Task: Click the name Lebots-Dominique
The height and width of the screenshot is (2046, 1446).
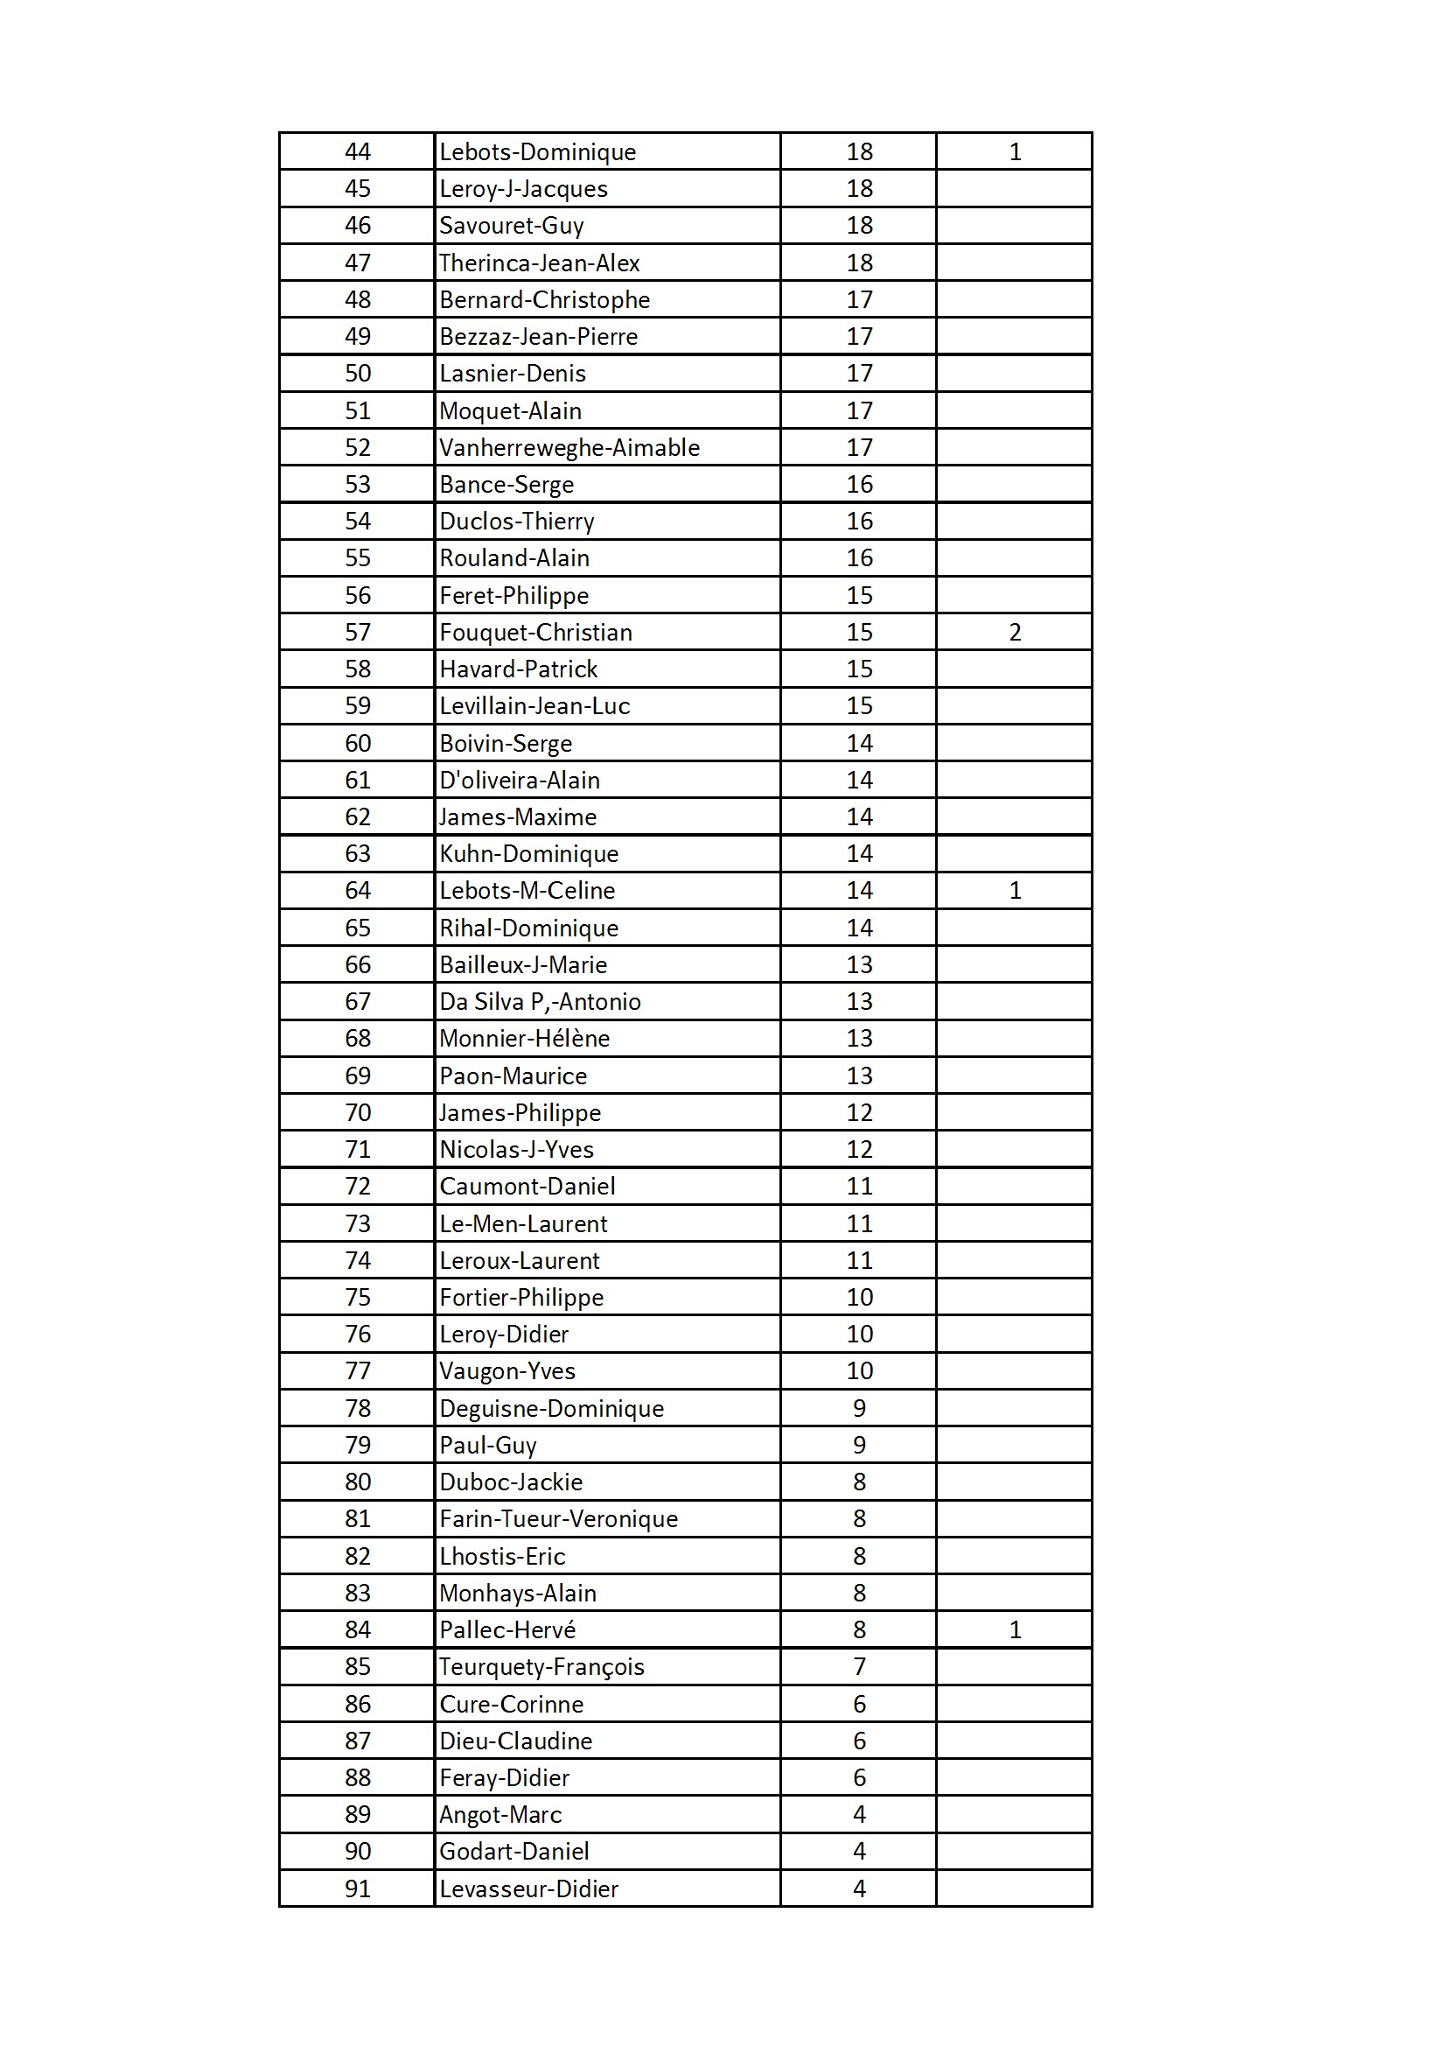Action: click(537, 151)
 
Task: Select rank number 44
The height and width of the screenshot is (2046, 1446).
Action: click(357, 151)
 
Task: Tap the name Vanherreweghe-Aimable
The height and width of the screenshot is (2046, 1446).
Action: click(569, 447)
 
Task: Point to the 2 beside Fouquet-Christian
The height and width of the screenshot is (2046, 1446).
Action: click(1015, 632)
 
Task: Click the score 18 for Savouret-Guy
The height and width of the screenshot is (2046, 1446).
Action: click(859, 226)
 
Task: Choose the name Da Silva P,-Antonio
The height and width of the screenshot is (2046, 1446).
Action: click(540, 1002)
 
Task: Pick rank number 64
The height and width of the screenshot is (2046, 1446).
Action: click(357, 890)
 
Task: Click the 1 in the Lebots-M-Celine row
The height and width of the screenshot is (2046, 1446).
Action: click(1015, 890)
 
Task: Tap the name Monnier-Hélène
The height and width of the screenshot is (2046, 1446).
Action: click(525, 1038)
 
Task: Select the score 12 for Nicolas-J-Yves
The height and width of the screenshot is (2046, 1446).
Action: click(859, 1150)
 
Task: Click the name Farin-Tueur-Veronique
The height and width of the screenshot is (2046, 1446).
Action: click(559, 1518)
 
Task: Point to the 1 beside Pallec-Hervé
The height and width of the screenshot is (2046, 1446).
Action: click(1015, 1629)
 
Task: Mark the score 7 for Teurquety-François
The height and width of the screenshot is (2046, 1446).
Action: click(859, 1666)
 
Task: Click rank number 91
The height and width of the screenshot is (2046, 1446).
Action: click(357, 1888)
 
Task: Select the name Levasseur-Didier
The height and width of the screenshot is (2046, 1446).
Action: click(528, 1888)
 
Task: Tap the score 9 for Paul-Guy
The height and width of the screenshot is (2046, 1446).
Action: click(859, 1445)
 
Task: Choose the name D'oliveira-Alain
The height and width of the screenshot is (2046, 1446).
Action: click(520, 780)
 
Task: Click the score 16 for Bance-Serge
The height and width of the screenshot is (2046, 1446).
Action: click(859, 484)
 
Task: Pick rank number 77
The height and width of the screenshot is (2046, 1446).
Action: click(357, 1370)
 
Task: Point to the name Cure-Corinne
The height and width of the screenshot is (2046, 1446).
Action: click(512, 1704)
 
